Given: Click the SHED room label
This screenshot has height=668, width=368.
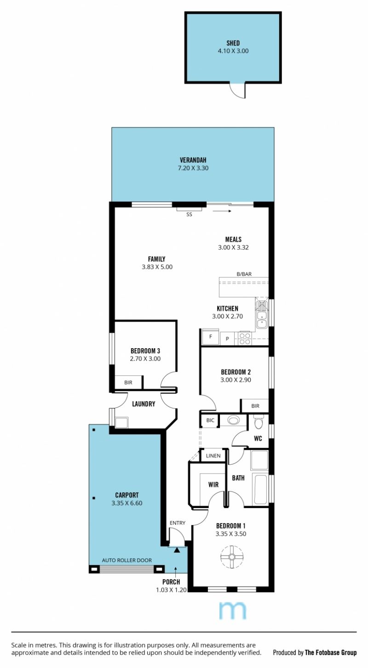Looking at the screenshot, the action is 233,43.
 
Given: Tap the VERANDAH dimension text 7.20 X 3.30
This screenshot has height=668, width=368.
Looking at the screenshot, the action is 193,168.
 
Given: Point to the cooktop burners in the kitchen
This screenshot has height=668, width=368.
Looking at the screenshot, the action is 245,339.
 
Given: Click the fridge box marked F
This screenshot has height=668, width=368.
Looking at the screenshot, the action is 211,337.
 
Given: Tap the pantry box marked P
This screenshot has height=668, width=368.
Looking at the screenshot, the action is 228,339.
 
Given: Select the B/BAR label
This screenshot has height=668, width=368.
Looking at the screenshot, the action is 244,274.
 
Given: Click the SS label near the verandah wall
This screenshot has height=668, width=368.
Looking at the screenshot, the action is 189,215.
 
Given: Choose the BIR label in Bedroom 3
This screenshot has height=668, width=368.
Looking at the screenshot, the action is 128,383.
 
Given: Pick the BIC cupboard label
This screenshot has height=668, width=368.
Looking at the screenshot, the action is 210,420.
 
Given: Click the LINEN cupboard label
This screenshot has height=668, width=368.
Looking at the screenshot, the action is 213,456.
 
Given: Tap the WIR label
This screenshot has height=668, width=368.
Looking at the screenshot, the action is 213,484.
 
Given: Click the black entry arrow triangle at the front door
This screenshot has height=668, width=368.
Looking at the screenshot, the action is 177,550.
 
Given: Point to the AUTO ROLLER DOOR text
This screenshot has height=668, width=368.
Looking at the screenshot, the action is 127,560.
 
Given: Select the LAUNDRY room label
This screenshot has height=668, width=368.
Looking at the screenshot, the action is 144,404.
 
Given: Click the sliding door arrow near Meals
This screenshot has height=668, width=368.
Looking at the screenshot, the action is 222,211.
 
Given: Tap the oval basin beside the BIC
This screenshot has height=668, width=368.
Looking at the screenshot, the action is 233,420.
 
